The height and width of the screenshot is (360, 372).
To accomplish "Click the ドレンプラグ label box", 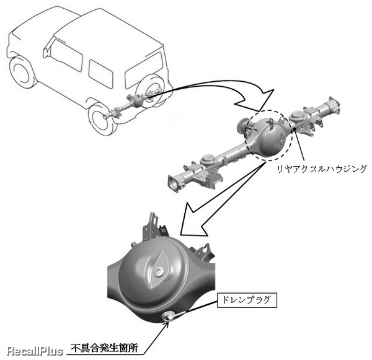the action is pyautogui.click(x=247, y=300).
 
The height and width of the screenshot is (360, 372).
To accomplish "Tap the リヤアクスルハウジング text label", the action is pyautogui.click(x=322, y=169).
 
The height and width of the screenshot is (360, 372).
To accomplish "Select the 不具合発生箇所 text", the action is pyautogui.click(x=104, y=348).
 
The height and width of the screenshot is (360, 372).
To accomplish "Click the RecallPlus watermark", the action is pyautogui.click(x=35, y=351).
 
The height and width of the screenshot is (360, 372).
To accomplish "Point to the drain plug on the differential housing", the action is pyautogui.click(x=168, y=316).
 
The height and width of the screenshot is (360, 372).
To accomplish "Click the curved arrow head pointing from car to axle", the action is pyautogui.click(x=257, y=99).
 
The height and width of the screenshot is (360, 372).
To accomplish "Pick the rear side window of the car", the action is pyautogui.click(x=100, y=74).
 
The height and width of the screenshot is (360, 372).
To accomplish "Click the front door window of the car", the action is pyautogui.click(x=66, y=55).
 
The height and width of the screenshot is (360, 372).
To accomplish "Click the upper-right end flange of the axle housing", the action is pyautogui.click(x=334, y=105).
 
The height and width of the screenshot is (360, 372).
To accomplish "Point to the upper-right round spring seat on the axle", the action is pyautogui.click(x=296, y=115).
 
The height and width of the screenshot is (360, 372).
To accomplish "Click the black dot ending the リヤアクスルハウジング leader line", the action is pyautogui.click(x=294, y=128).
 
